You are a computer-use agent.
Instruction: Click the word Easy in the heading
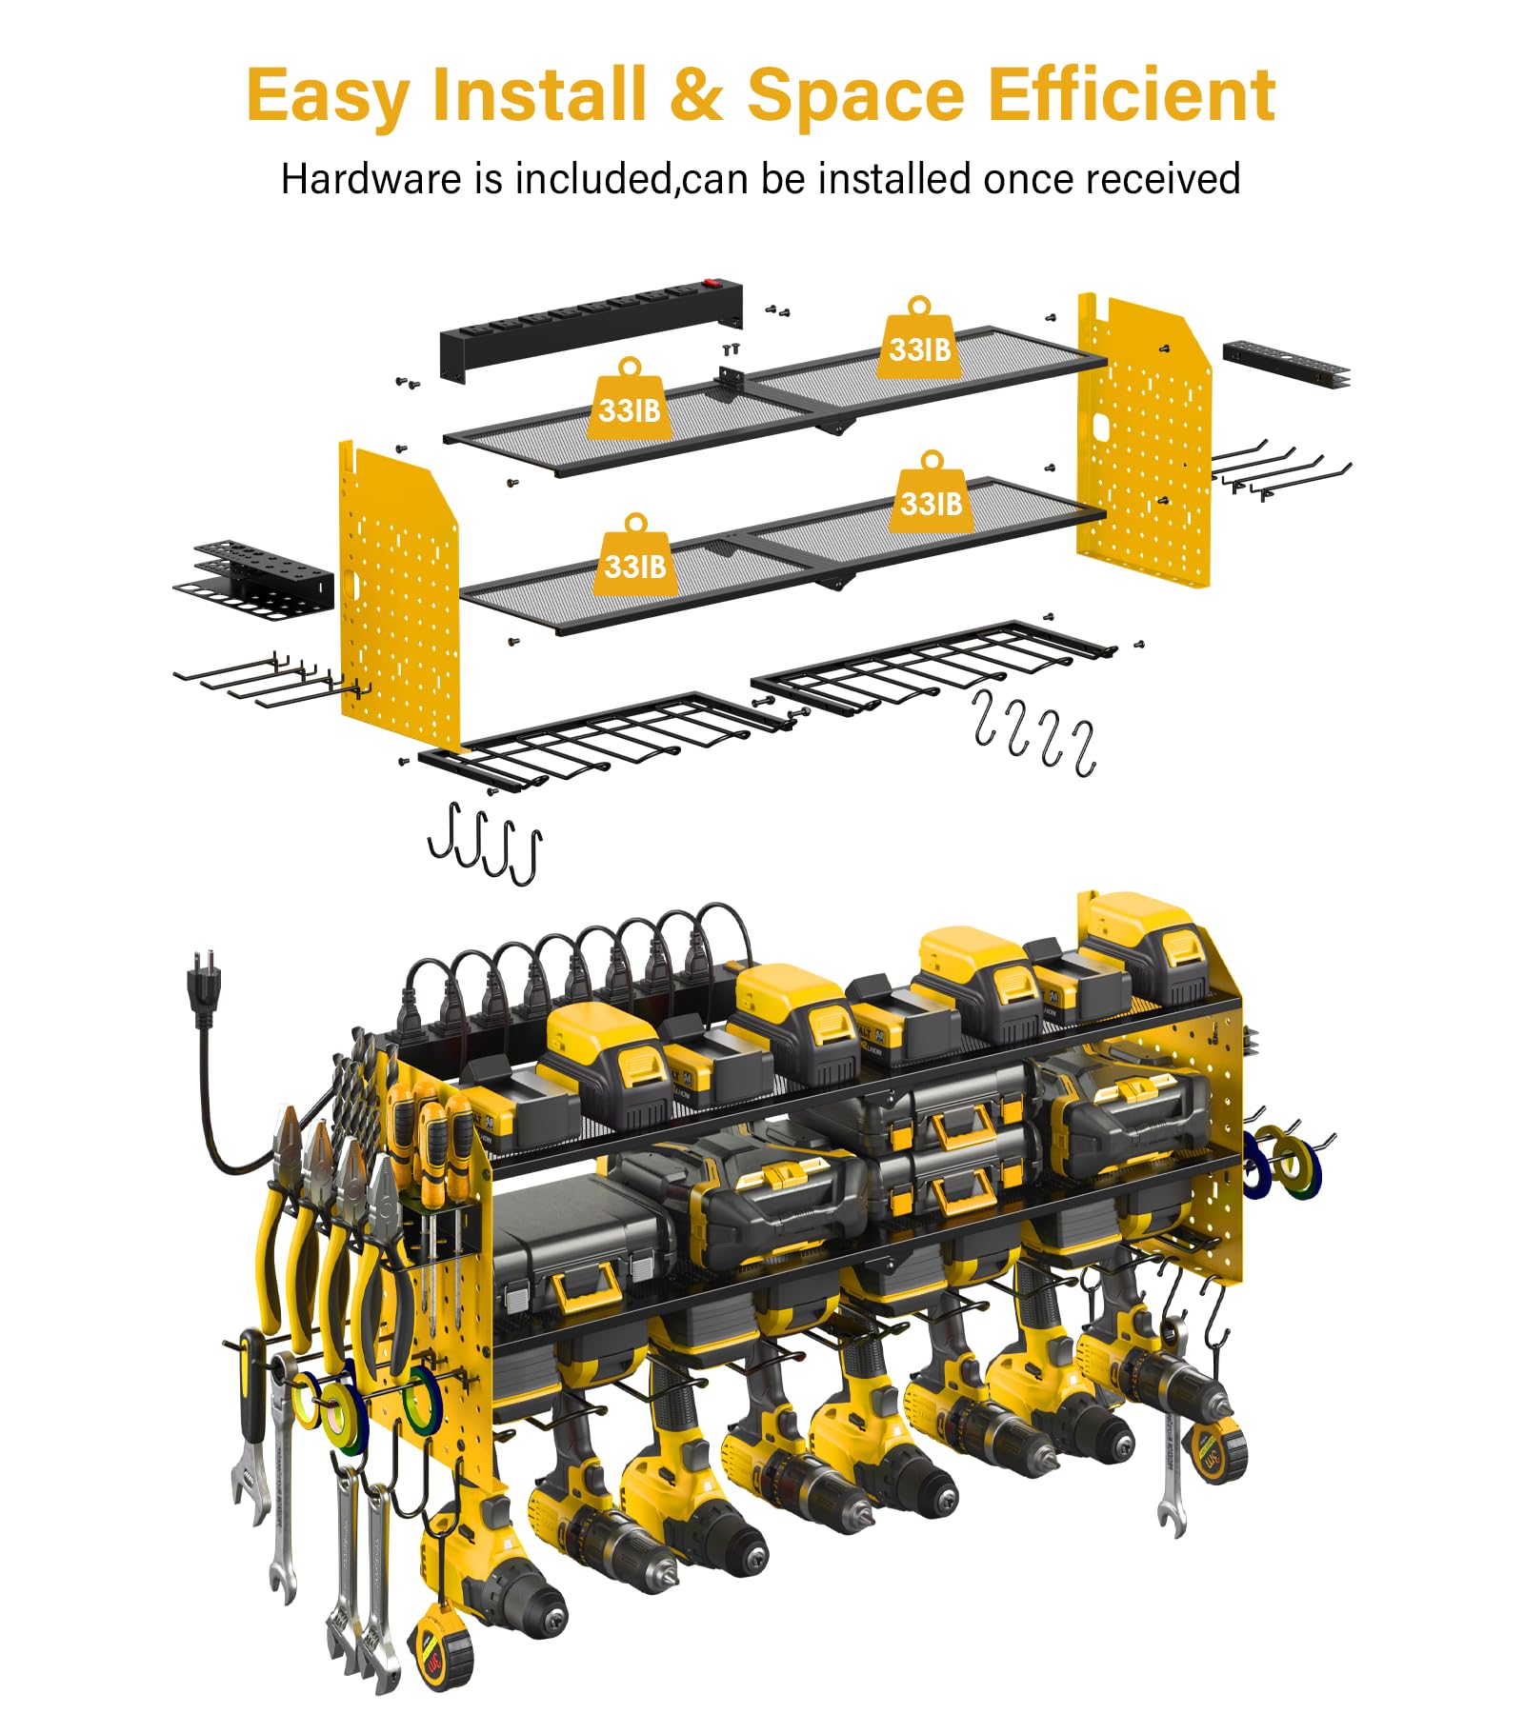coord(328,96)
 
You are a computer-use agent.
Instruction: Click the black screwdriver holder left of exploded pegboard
coord(254,580)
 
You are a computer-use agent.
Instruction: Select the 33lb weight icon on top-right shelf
coord(919,339)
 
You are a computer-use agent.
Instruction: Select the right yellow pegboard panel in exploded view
coord(1144,441)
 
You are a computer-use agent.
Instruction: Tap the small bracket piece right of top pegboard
coord(1286,363)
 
